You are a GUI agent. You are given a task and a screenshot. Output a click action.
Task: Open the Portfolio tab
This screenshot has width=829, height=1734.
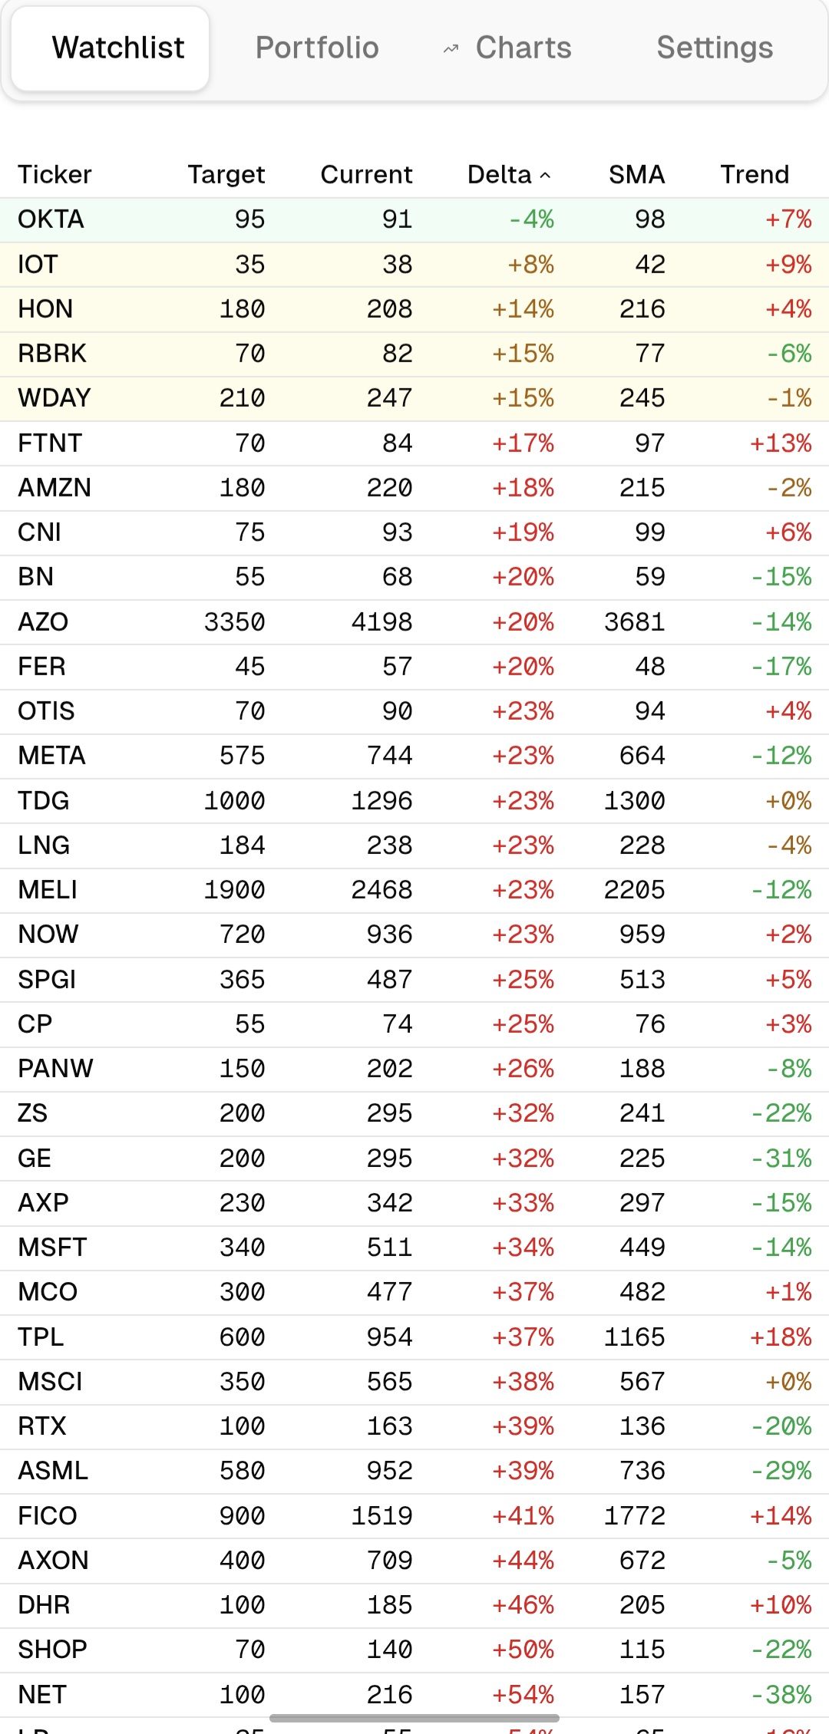pos(317,48)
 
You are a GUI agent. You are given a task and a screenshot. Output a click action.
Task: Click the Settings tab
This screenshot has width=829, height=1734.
pos(715,48)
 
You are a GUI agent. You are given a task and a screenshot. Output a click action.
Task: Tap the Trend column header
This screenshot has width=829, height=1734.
pos(754,175)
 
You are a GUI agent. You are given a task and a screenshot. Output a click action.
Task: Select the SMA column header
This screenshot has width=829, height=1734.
pos(636,175)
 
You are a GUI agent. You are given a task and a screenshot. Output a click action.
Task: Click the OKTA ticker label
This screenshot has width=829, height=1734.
pos(51,219)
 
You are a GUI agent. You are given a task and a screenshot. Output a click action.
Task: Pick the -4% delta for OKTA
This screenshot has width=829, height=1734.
pos(531,219)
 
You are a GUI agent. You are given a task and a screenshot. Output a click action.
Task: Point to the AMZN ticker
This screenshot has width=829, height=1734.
pos(54,488)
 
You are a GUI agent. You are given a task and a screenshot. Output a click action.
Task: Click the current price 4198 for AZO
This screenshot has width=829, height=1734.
pos(381,622)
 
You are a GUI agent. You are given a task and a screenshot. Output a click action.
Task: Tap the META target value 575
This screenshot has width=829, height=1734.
pos(242,756)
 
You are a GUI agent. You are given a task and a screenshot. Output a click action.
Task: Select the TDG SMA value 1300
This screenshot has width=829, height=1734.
pos(634,801)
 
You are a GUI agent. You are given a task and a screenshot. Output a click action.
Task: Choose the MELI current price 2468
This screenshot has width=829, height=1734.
pos(381,890)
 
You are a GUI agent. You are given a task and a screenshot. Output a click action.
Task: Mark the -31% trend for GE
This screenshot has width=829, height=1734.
pos(781,1159)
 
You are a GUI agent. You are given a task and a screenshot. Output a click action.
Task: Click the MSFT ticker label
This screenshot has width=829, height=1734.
pos(52,1248)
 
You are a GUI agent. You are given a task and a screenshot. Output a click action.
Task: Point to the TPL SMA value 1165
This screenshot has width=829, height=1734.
pos(634,1337)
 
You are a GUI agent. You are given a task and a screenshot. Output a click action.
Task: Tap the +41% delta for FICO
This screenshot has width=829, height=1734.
pos(523,1516)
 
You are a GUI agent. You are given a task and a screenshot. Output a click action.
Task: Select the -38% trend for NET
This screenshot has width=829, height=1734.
pos(781,1695)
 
